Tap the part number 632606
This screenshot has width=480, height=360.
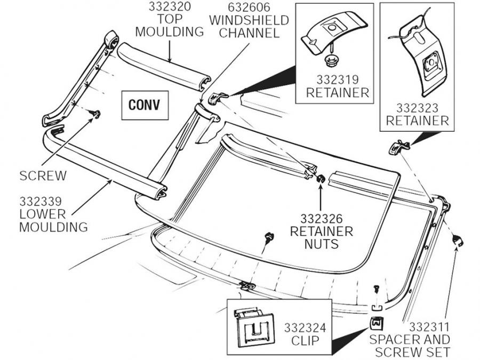(x=249, y=7)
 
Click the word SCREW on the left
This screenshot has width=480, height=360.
(x=43, y=175)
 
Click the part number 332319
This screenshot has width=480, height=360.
(x=337, y=79)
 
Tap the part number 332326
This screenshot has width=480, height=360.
(x=321, y=218)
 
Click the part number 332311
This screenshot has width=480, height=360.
(x=429, y=326)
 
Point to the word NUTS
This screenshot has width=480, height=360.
(x=321, y=245)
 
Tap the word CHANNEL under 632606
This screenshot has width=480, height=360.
(x=249, y=33)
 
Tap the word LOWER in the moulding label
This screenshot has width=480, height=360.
(x=43, y=214)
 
